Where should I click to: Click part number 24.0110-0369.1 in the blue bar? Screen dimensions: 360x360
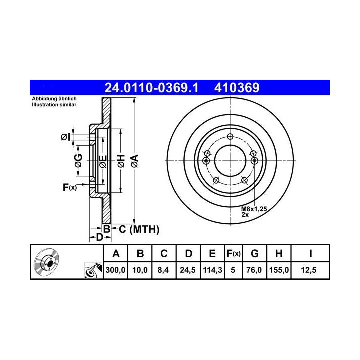[151, 87]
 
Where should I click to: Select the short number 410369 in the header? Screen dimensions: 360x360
[237, 87]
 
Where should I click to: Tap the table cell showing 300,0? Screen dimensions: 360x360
[115, 270]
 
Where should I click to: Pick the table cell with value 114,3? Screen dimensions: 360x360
[212, 270]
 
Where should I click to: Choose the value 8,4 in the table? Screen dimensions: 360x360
[163, 270]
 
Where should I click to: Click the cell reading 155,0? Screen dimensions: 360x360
[279, 270]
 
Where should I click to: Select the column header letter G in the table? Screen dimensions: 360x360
[255, 254]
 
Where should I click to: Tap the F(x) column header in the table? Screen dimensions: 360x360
[233, 254]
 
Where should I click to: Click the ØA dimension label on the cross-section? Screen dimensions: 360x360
[135, 161]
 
